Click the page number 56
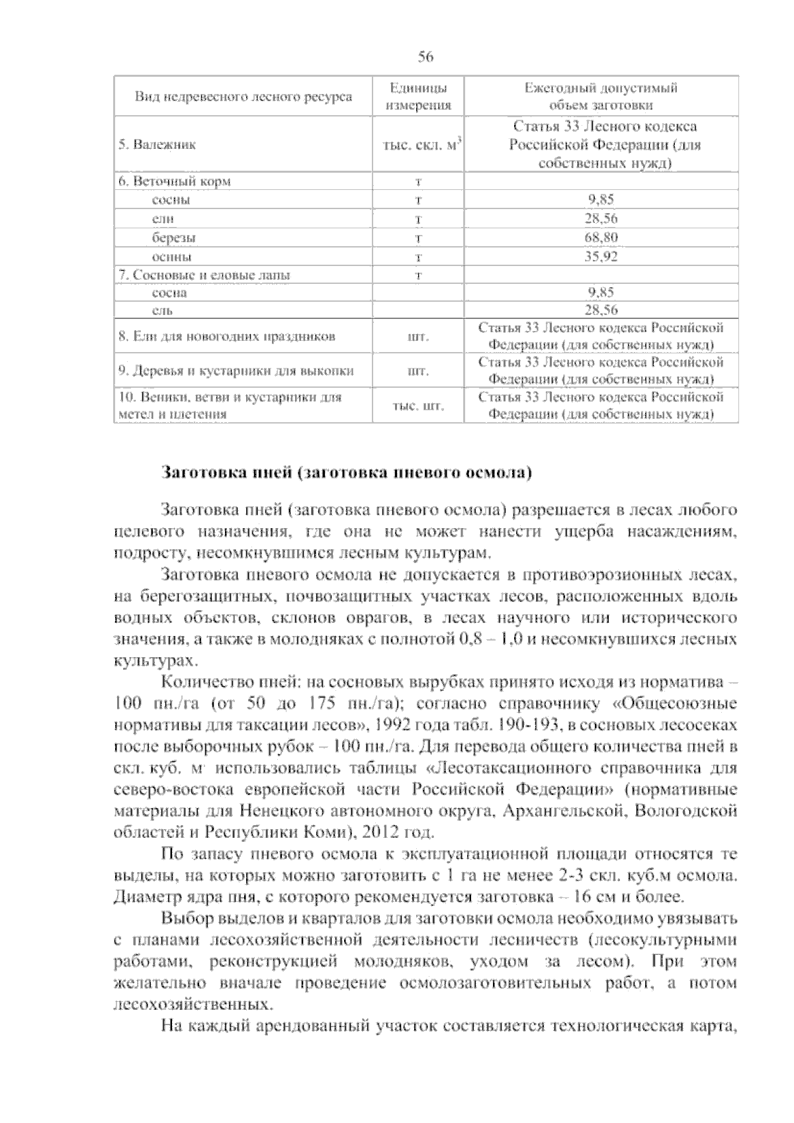click(x=425, y=57)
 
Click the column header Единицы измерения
click(x=418, y=97)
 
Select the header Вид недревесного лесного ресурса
click(x=243, y=97)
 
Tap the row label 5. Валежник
click(x=157, y=144)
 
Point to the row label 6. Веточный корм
click(x=175, y=181)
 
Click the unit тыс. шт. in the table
click(x=418, y=406)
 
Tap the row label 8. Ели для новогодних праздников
click(x=227, y=336)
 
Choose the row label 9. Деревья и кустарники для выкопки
click(x=236, y=371)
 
